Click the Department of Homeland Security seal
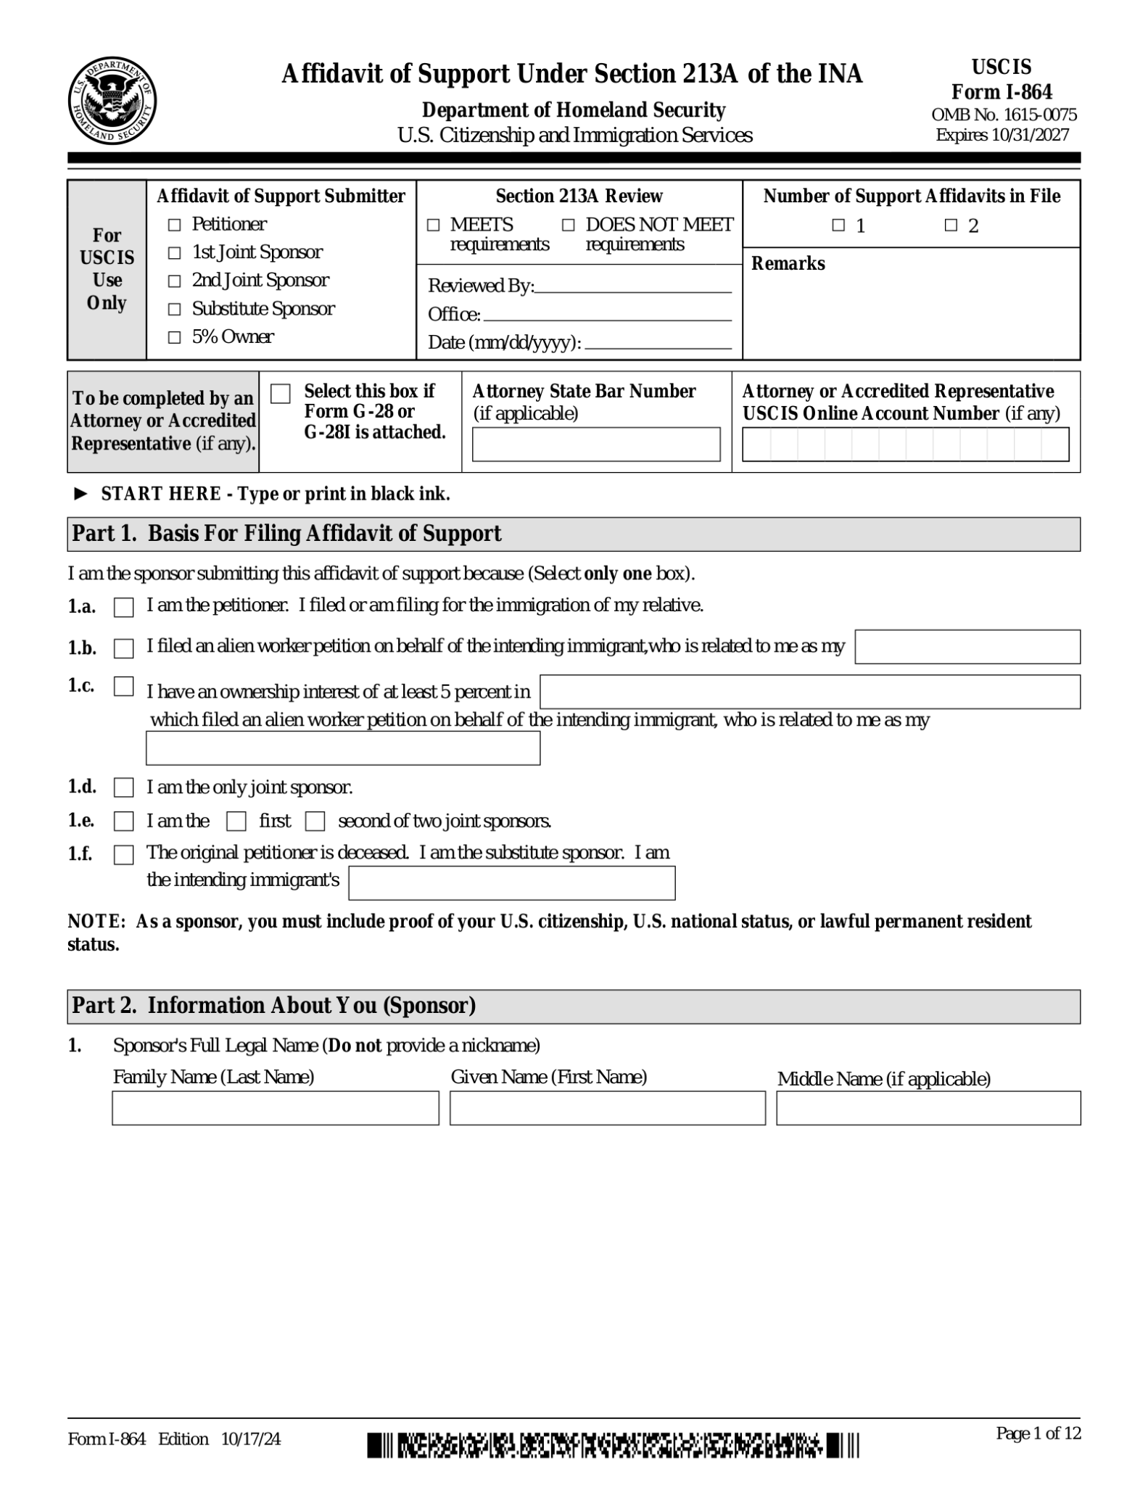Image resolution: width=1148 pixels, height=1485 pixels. pos(112,101)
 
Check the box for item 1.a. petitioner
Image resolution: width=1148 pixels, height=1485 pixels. pos(124,608)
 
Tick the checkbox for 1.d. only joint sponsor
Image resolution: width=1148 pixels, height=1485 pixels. pos(124,787)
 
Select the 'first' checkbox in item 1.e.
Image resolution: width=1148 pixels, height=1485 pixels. pos(236,822)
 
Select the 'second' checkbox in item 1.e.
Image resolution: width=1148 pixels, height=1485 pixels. pos(315,822)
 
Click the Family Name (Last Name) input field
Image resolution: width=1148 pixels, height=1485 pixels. pos(275,1108)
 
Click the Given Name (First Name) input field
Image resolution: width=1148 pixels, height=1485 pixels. pos(607,1108)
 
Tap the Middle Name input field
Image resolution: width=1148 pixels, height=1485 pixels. pos(928,1108)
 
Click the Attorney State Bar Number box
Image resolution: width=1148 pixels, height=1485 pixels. pos(595,444)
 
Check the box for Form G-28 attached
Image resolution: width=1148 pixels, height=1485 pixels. pos(281,394)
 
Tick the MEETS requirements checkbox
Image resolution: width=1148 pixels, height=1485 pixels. pos(433,226)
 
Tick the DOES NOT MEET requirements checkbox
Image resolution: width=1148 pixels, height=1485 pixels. pos(569,226)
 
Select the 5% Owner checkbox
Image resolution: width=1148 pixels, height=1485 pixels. pos(174,338)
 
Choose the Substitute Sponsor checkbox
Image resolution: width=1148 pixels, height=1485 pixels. pos(174,310)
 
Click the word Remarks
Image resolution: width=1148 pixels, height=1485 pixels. pos(788,264)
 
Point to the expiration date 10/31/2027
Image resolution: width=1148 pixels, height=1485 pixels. pos(1028,135)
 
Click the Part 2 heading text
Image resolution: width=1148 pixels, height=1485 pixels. pos(273,1006)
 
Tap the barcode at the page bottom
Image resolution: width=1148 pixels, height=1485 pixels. pos(613,1444)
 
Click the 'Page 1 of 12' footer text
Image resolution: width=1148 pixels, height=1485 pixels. pos(1038,1433)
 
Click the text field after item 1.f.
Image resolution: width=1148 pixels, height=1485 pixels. pos(511,883)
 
